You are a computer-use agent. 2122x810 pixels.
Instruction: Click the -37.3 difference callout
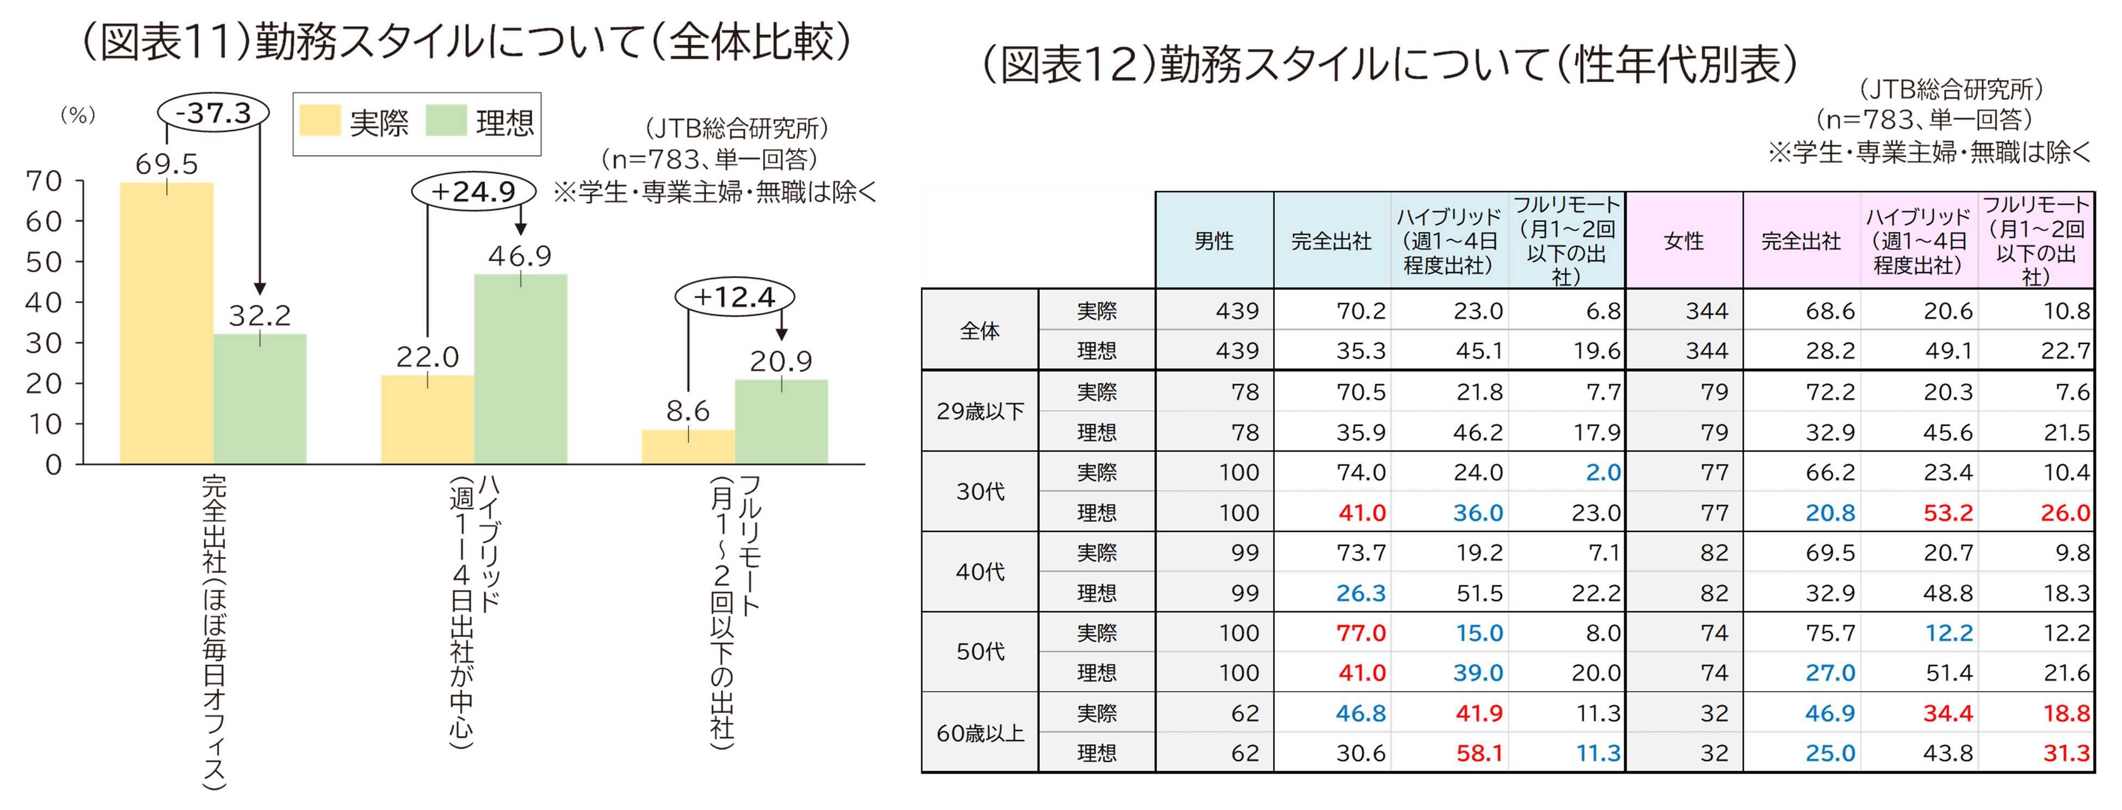tap(213, 112)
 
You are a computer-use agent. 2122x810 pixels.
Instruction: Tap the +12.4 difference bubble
tap(734, 297)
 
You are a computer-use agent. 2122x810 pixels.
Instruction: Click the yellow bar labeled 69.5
tap(166, 321)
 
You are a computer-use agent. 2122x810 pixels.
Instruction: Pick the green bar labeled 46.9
tap(521, 367)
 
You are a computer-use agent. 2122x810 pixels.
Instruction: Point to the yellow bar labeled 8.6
tap(687, 445)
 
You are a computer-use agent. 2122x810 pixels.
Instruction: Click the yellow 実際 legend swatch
tap(319, 121)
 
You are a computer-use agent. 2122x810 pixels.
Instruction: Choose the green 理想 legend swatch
tap(446, 121)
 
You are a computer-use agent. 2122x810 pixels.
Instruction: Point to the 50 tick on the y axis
tap(43, 262)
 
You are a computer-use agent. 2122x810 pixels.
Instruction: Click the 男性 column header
tap(1214, 241)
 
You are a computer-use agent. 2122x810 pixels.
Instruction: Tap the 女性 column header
tap(1684, 241)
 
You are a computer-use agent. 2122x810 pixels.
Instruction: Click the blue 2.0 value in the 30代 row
tap(1603, 472)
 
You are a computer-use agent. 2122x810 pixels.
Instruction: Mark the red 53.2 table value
tap(1948, 513)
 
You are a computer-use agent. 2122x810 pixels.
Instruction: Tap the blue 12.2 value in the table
tap(1949, 633)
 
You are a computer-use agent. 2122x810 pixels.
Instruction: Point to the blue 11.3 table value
tap(1598, 753)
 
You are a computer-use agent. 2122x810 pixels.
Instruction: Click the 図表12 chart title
tap(1389, 64)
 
